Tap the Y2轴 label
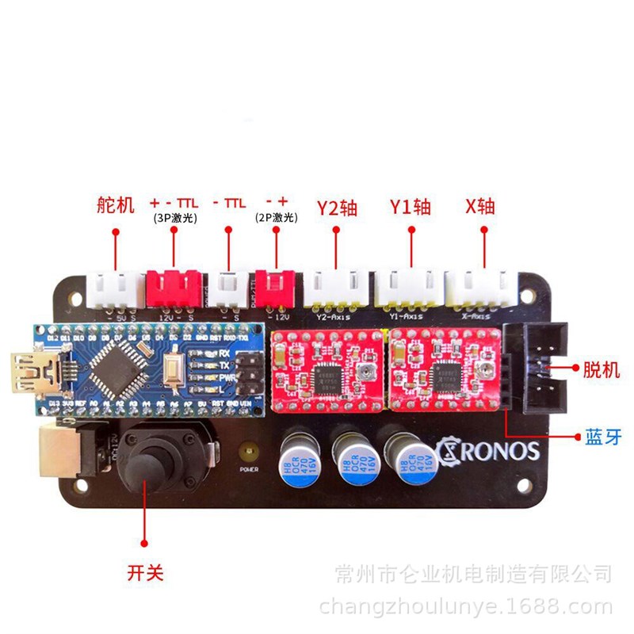tap(337, 208)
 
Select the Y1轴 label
tap(411, 208)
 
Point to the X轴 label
tap(480, 207)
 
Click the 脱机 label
tap(598, 369)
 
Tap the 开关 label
tap(145, 570)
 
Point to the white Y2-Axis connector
tap(338, 288)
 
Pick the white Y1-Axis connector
tap(407, 288)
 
